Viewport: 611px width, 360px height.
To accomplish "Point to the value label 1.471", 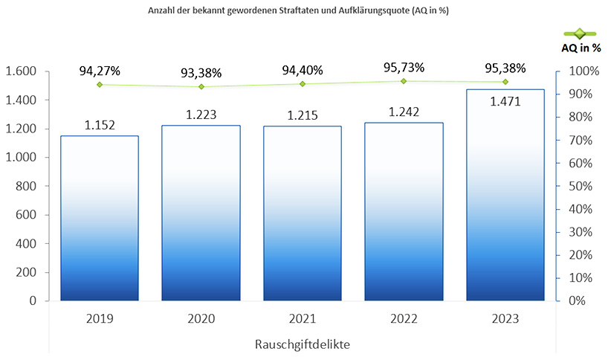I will point(505,102).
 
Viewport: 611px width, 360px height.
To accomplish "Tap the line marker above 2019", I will point(100,85).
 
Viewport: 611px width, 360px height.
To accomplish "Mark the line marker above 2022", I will point(404,81).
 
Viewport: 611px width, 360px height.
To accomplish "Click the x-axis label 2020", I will point(201,319).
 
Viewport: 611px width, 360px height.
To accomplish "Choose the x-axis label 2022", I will point(404,319).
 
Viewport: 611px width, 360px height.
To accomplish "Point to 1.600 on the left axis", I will point(21,71).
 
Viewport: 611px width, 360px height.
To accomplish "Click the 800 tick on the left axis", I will point(27,187).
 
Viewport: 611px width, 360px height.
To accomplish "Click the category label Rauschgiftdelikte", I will point(302,344).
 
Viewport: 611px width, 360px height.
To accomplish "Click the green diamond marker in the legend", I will point(581,33).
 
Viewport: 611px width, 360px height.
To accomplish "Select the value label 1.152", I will point(100,124).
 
